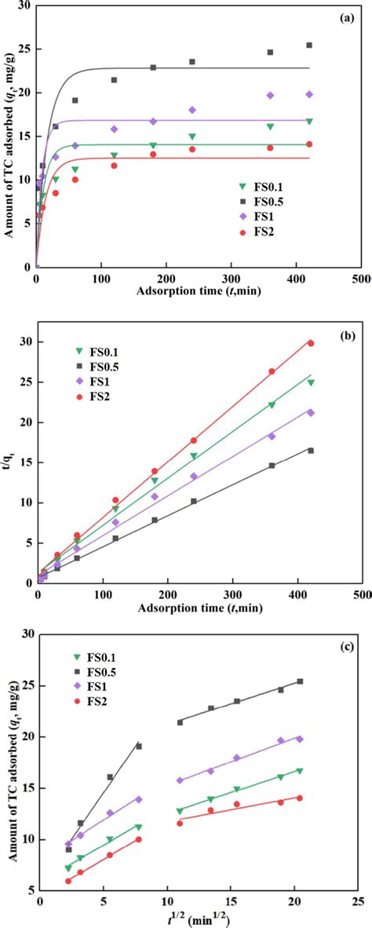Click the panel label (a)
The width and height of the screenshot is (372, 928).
tap(349, 17)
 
